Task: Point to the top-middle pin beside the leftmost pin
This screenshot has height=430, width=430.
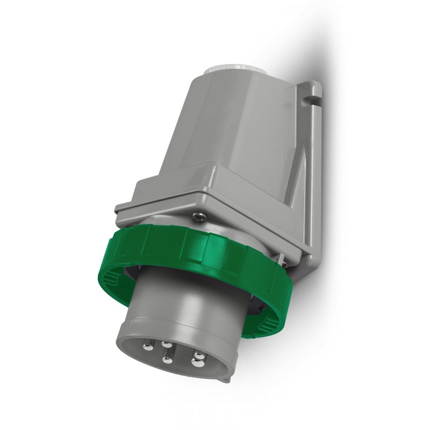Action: click(167, 345)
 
